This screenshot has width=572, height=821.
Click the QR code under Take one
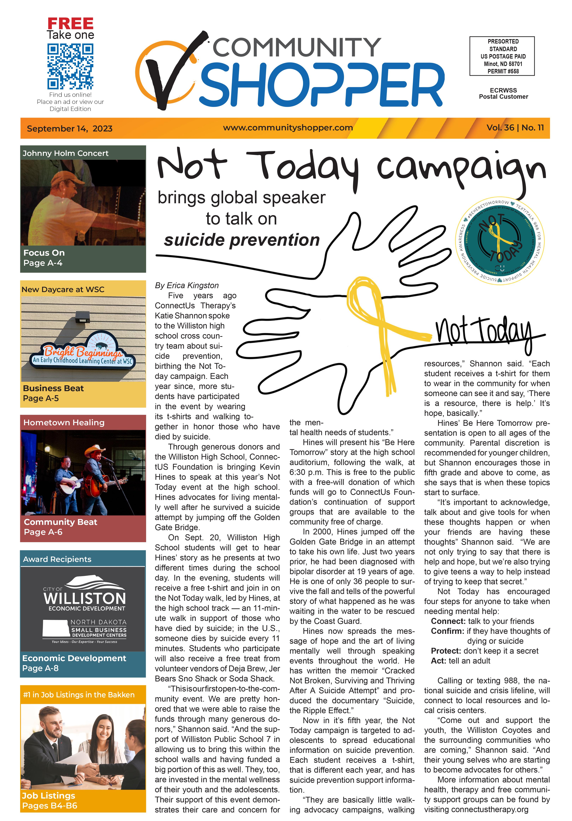click(x=70, y=67)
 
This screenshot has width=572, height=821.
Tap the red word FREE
click(x=70, y=24)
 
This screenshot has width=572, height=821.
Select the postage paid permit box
click(x=502, y=56)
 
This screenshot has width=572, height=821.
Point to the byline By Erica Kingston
click(x=186, y=285)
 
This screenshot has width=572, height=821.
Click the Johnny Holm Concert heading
click(x=65, y=153)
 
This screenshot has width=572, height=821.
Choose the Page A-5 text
click(x=41, y=398)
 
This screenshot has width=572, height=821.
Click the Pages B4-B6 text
click(x=50, y=806)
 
